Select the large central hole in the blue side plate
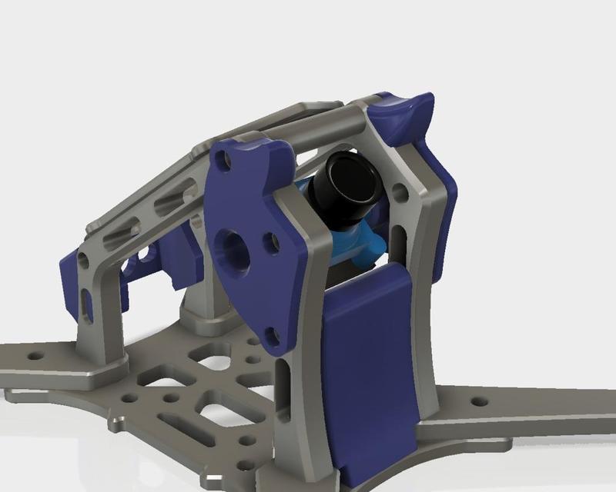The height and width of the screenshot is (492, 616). pos(233,250)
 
